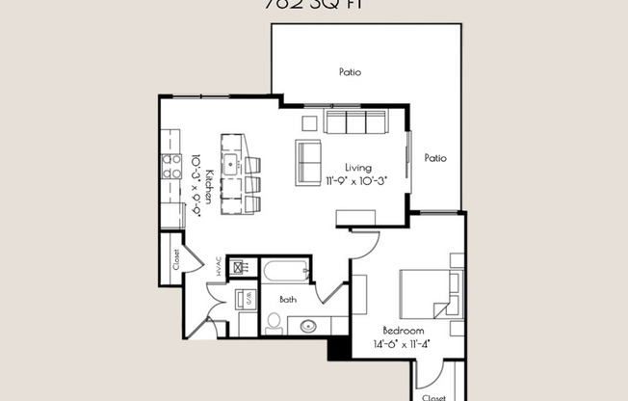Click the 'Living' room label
point(358,167)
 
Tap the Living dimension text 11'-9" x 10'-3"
point(355,179)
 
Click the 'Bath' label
point(288,300)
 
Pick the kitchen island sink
point(231,164)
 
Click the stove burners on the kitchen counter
point(171,167)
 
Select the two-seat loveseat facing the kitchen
point(308,162)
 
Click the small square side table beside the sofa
point(309,123)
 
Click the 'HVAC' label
point(220,266)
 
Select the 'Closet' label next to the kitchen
point(177,258)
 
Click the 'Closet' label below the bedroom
point(432,395)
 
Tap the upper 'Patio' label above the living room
point(350,71)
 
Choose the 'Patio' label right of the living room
point(435,157)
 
